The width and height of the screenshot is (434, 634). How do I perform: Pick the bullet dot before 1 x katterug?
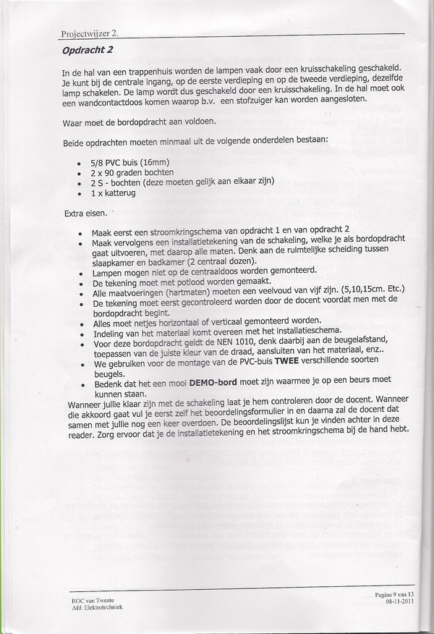tap(78, 195)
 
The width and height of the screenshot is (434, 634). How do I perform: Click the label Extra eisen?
tap(85, 214)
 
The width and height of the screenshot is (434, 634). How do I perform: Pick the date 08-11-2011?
tap(399, 601)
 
